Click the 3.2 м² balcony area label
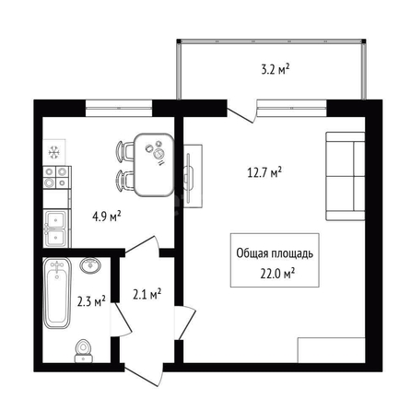tap(276, 69)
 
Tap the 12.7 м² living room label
tap(264, 172)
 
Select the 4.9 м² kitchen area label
tap(106, 217)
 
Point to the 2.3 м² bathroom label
tap(91, 301)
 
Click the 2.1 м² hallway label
tap(147, 294)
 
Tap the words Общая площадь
tap(275, 253)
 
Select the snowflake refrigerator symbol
tap(54, 152)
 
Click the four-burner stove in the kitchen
tap(56, 177)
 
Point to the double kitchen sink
tap(56, 229)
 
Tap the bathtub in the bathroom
tap(57, 293)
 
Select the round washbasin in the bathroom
tap(90, 264)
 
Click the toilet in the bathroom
tap(83, 351)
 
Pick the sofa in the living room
tap(346, 176)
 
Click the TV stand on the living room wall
tap(193, 176)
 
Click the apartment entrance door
tap(144, 375)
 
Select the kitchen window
tap(119, 108)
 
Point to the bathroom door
tap(122, 320)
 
